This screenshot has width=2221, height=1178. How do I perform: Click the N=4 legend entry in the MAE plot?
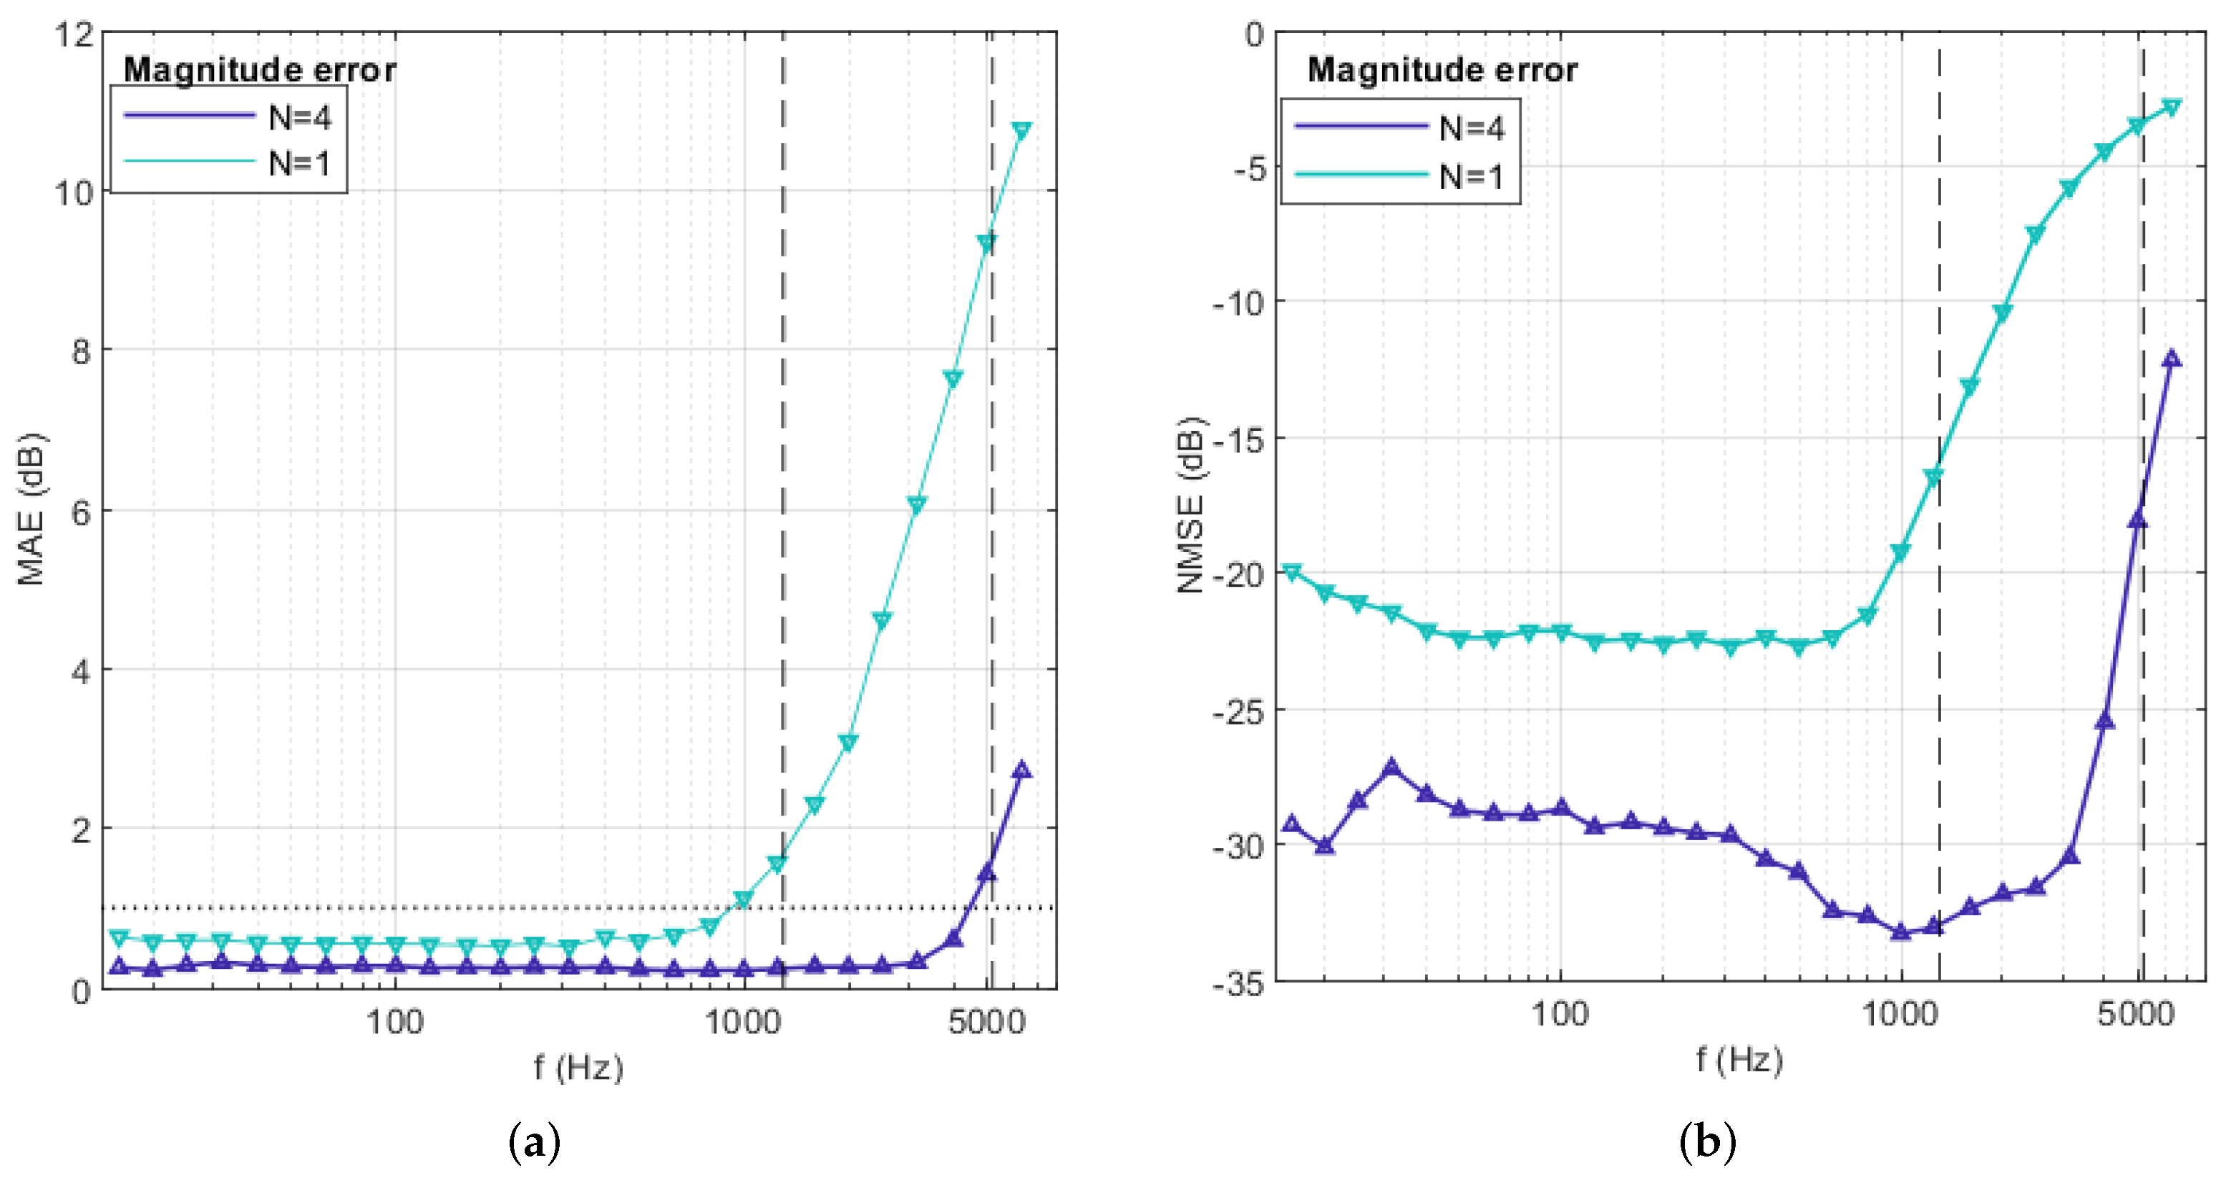pyautogui.click(x=298, y=117)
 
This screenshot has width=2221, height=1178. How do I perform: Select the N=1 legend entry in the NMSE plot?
pyautogui.click(x=1470, y=177)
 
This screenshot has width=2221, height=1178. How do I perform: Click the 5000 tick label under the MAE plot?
pyautogui.click(x=986, y=1023)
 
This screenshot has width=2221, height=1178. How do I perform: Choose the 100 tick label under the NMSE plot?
pyautogui.click(x=1560, y=1014)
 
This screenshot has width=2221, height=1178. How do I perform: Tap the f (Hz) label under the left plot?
pyautogui.click(x=578, y=1068)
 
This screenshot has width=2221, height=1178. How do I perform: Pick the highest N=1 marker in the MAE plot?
pyautogui.click(x=1021, y=130)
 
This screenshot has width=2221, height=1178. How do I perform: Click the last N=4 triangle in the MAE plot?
pyautogui.click(x=1021, y=770)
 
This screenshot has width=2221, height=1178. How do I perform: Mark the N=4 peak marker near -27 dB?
pyautogui.click(x=1391, y=767)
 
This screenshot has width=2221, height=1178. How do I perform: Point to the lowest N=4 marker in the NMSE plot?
pyautogui.click(x=1900, y=932)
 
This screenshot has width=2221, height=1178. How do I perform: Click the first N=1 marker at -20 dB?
pyautogui.click(x=1291, y=571)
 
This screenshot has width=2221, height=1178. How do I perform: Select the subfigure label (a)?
pyautogui.click(x=535, y=1144)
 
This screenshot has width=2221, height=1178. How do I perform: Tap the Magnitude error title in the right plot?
pyautogui.click(x=1442, y=70)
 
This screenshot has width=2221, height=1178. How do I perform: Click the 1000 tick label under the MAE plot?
pyautogui.click(x=742, y=1023)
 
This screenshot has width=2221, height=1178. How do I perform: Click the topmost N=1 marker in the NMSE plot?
pyautogui.click(x=2172, y=107)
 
